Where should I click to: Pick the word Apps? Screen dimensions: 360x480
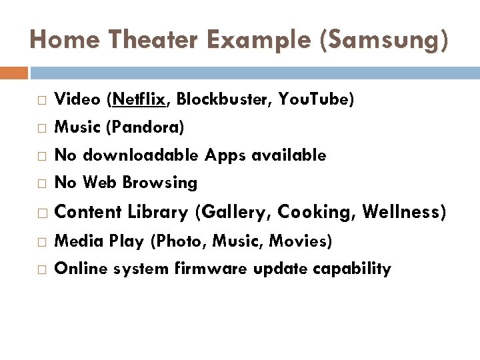tap(225, 155)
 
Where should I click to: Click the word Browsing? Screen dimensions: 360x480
tap(160, 182)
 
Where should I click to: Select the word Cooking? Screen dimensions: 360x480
tap(315, 213)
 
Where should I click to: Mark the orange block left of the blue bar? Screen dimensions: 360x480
tap(14, 73)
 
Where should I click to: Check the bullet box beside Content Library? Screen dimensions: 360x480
tap(42, 213)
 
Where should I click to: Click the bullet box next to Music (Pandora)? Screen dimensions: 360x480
tap(42, 127)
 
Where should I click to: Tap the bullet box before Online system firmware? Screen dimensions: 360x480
tap(42, 269)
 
